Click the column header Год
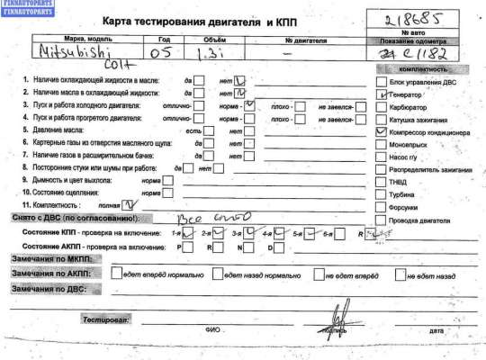coord(162,40)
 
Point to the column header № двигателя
coord(301,40)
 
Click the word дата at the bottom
coord(437,331)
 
